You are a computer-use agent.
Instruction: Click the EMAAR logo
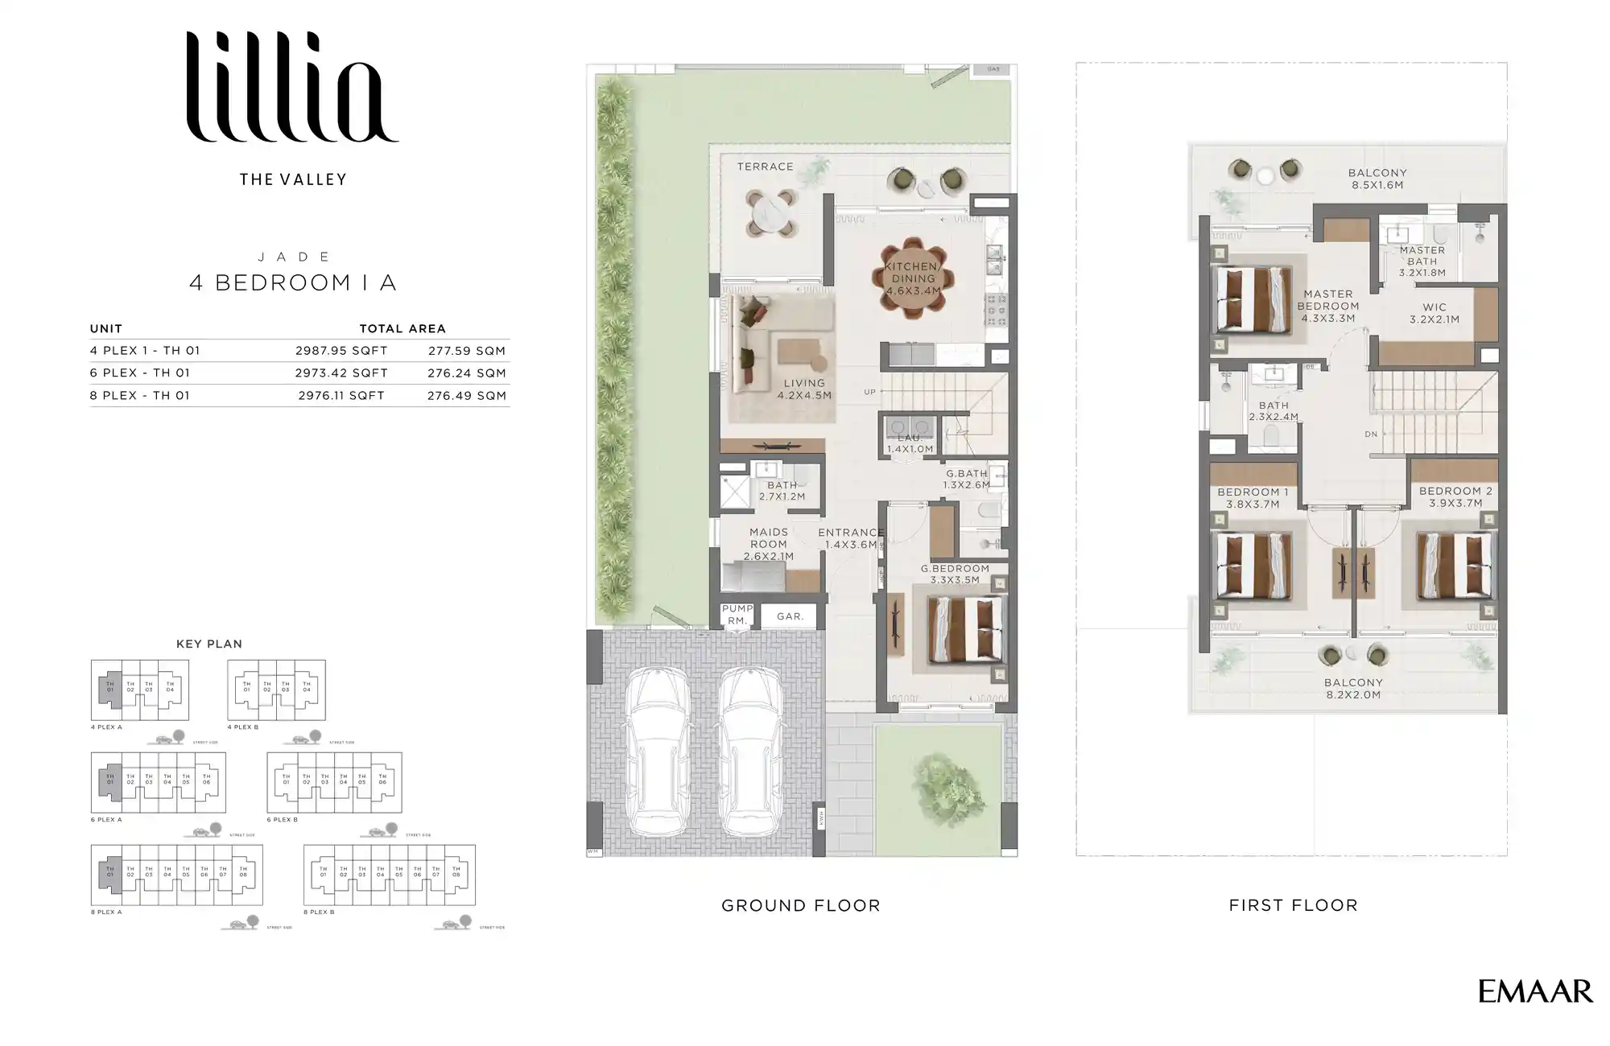1534,991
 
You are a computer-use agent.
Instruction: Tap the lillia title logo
291,89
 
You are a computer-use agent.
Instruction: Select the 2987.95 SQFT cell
341,351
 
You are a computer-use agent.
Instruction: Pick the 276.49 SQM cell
467,396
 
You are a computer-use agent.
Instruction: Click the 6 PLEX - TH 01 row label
140,373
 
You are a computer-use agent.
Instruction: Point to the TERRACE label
765,167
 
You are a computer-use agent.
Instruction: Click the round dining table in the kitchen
912,278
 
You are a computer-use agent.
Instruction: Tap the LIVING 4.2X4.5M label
804,389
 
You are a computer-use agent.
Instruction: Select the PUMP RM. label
737,615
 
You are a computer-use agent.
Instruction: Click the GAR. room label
790,616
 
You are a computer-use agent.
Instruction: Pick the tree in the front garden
948,781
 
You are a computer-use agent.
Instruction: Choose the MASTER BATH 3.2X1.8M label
1422,261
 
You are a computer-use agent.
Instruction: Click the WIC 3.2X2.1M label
1434,313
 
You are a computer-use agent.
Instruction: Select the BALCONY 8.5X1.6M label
1377,179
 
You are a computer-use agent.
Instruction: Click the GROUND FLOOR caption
800,906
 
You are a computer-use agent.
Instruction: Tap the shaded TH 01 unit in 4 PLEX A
110,690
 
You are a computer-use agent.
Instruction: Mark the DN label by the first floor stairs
1371,434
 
